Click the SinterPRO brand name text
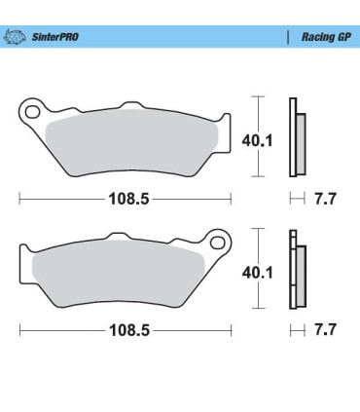pyautogui.click(x=55, y=37)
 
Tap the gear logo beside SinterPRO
pyautogui.click(x=17, y=37)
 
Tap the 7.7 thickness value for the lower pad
pyautogui.click(x=327, y=331)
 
